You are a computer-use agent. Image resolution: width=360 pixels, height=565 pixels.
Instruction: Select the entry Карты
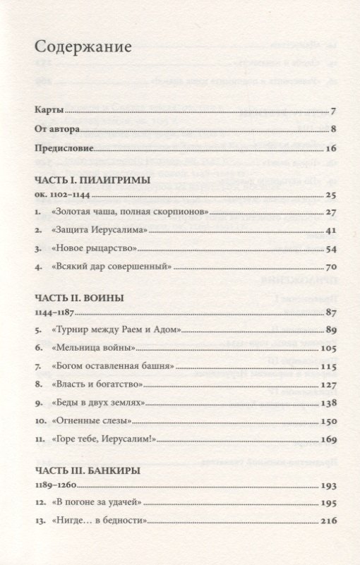point(49,111)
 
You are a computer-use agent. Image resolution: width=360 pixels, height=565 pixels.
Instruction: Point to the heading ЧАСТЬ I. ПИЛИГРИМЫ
point(92,180)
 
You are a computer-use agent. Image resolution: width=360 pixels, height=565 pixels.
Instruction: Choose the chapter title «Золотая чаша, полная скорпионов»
point(131,212)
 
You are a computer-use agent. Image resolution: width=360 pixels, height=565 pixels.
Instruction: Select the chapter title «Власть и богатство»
point(97,385)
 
